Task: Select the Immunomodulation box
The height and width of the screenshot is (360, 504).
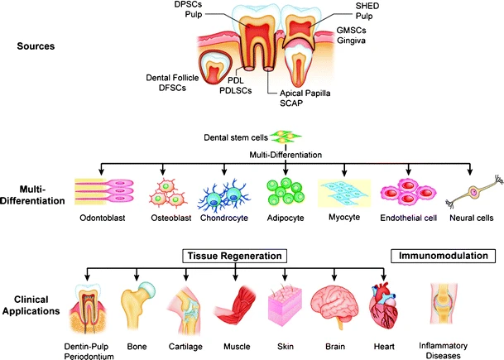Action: (443, 257)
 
